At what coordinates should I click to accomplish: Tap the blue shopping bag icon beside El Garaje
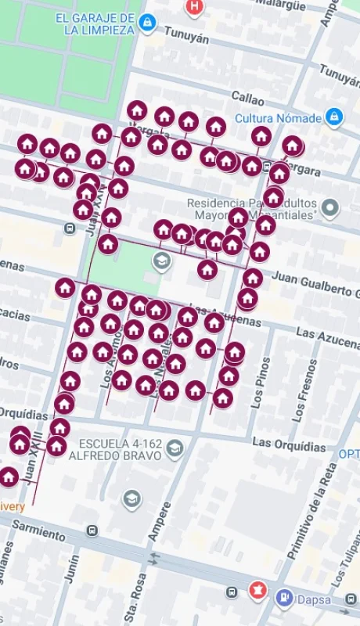(x=146, y=24)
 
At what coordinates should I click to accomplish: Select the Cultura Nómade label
(x=278, y=118)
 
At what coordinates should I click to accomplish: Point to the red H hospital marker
(x=194, y=7)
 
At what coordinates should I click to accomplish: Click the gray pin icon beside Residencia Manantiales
(x=330, y=208)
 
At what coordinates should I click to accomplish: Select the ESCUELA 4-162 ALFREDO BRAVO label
(x=117, y=449)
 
